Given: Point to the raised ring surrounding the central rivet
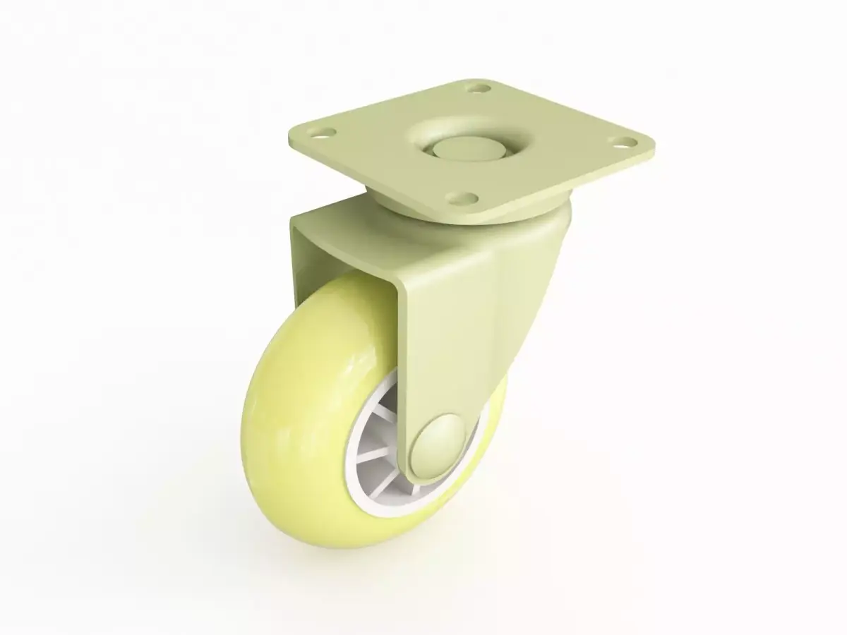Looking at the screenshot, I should tap(423, 134).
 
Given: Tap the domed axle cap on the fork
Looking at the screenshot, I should tap(442, 444).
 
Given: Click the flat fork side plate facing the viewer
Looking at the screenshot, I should tap(459, 317).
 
